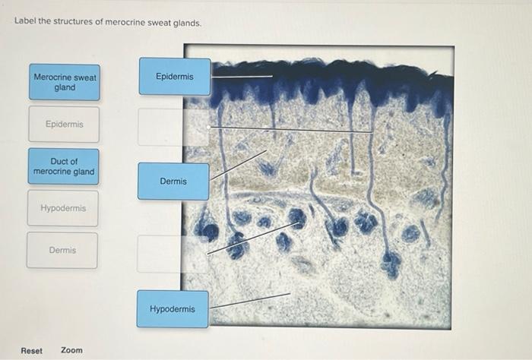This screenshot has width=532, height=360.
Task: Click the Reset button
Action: [32, 350]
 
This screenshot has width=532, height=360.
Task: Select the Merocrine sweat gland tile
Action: [65, 82]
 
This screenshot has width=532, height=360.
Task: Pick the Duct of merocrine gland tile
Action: [64, 166]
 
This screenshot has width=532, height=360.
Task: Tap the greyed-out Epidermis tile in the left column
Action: [64, 124]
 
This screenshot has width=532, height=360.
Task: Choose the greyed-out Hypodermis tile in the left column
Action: [63, 208]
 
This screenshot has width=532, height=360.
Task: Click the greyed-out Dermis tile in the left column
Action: [62, 250]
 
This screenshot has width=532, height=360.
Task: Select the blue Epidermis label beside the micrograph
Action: [174, 77]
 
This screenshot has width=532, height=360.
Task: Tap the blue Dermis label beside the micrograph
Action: [173, 182]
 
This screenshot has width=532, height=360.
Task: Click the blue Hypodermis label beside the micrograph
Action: [173, 309]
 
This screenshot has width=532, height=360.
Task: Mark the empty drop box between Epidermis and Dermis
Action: [173, 127]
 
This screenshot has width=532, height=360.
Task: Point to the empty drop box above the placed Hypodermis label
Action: [172, 254]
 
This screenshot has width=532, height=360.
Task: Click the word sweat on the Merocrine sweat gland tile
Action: [84, 77]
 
